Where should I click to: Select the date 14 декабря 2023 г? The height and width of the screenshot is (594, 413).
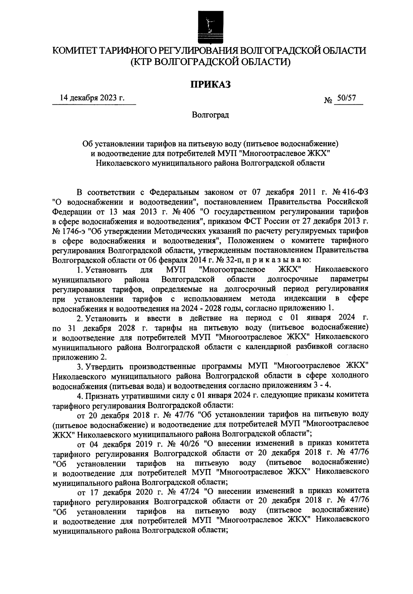tap(92, 98)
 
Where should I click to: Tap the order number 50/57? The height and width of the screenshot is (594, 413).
tap(347, 98)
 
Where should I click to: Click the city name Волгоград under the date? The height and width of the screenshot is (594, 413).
tap(210, 115)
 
